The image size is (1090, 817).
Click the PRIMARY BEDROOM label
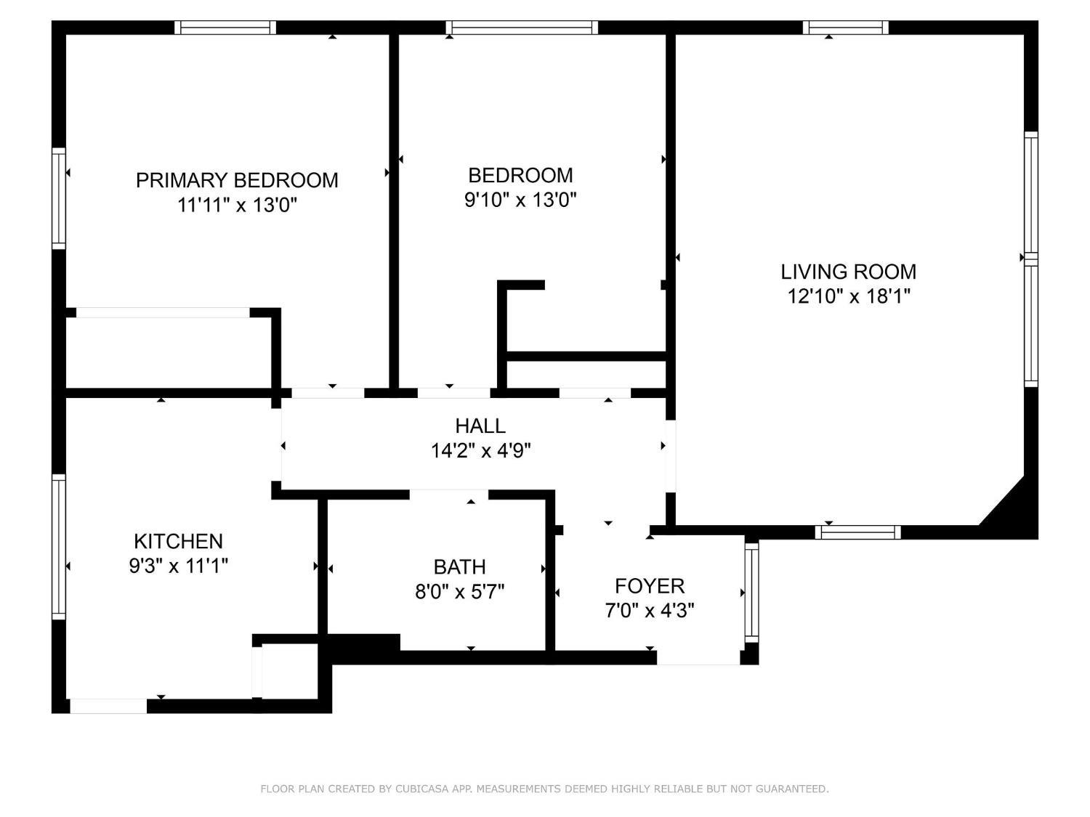coord(237,180)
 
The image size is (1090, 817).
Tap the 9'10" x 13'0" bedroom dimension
coord(520,200)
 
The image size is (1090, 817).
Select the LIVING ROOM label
coord(848,272)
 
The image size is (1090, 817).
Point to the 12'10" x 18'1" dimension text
coord(848,296)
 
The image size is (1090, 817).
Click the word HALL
coord(480,426)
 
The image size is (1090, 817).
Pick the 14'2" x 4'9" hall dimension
coord(480,451)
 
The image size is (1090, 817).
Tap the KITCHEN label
coord(178,541)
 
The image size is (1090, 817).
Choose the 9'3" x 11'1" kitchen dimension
coord(178,566)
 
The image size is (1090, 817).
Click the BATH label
coord(459,566)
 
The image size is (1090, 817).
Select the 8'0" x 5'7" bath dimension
coord(459,592)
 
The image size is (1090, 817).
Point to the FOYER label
coord(650,586)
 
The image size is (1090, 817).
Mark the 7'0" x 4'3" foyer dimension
coord(650,611)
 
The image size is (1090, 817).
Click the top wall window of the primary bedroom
coord(225,28)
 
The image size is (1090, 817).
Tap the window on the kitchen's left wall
coord(59,546)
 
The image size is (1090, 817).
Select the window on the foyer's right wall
coord(751,592)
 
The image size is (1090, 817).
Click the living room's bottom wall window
coord(857,532)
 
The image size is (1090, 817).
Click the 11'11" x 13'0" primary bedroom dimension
coord(237,206)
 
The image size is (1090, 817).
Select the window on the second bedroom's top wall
coord(522,28)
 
